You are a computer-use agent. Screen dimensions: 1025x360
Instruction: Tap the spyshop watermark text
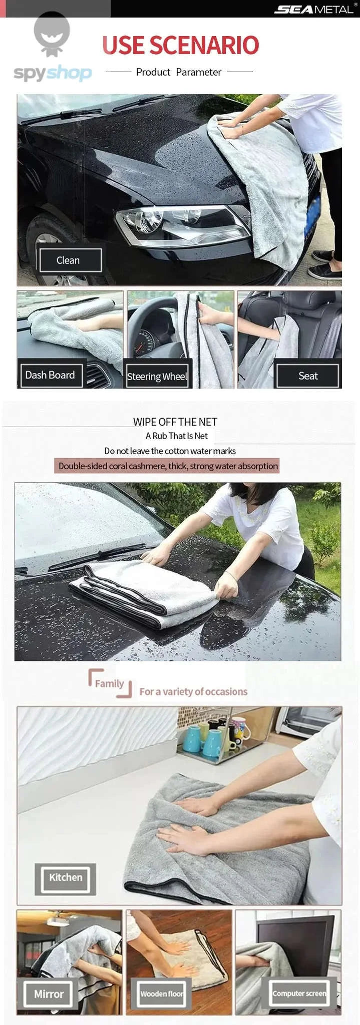(x=53, y=73)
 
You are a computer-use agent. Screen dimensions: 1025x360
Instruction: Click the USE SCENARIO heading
(x=180, y=45)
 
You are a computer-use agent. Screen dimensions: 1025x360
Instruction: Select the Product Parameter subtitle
(x=179, y=72)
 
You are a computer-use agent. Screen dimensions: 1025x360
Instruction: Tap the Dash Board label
(x=50, y=375)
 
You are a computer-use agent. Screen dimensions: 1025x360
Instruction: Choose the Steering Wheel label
(x=157, y=376)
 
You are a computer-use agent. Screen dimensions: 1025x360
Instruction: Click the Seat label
(x=308, y=376)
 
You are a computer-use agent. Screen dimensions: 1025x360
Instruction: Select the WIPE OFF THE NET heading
(x=175, y=422)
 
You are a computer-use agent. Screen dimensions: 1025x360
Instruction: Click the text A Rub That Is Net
(x=176, y=436)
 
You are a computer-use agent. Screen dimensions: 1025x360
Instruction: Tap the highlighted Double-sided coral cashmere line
(x=168, y=466)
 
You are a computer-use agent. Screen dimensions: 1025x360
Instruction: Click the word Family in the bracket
(x=109, y=683)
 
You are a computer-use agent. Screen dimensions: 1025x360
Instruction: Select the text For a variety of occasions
(x=193, y=692)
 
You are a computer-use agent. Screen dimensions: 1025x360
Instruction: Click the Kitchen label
(x=66, y=877)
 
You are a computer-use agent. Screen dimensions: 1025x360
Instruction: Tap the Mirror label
(x=49, y=993)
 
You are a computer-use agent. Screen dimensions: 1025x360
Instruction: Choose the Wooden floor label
(x=162, y=993)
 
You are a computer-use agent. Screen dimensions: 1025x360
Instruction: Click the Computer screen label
(x=299, y=993)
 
